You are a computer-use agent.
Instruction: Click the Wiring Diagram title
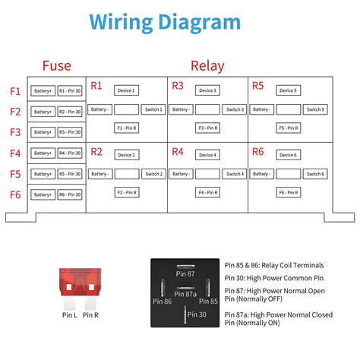click(165, 21)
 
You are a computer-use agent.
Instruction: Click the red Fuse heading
click(57, 66)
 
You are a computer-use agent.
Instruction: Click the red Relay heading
click(207, 66)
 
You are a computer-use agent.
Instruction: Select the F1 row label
click(15, 91)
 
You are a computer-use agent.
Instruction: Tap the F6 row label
click(15, 194)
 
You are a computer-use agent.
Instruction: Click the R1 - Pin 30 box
click(70, 91)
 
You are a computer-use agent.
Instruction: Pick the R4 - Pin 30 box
click(70, 153)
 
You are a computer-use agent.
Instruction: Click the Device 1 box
click(127, 90)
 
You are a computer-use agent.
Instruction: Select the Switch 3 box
click(235, 109)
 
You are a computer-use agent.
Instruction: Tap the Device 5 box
click(288, 90)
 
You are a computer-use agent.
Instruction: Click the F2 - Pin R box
click(127, 193)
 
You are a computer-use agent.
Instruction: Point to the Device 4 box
click(207, 155)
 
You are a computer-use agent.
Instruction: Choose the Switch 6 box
click(315, 174)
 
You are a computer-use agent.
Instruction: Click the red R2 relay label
click(96, 151)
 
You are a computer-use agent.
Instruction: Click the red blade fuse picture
click(77, 285)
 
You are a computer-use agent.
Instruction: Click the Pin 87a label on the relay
click(186, 294)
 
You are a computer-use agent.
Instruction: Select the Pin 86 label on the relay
click(163, 302)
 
